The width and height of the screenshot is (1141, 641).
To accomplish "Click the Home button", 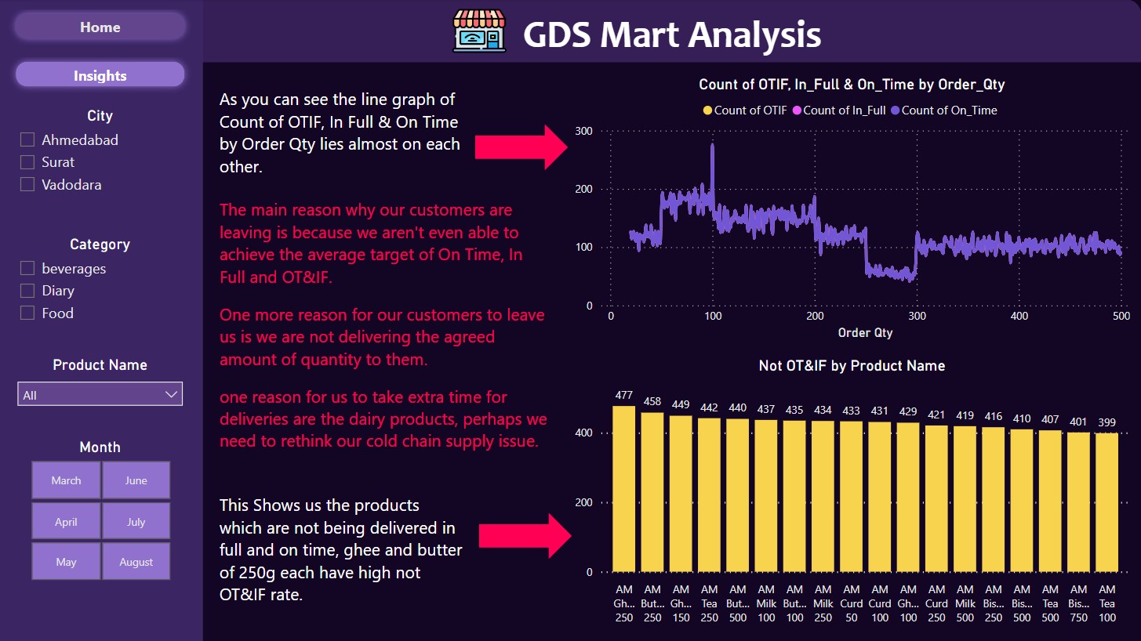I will tap(100, 27).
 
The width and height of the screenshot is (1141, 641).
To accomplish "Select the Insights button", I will tap(100, 75).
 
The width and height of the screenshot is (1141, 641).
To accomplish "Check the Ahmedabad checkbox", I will tap(27, 139).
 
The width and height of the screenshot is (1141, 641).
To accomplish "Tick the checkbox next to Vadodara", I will tap(27, 184).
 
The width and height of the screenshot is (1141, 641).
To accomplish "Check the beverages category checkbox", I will tap(27, 268).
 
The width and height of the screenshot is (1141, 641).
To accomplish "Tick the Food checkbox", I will tap(27, 313).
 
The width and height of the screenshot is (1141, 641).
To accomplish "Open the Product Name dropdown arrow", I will tap(171, 394).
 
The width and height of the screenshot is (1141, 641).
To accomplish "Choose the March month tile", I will tap(66, 480).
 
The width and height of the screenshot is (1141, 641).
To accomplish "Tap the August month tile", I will tap(136, 561).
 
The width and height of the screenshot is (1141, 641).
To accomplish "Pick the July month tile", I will tap(136, 521).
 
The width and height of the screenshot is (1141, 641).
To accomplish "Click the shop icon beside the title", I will tap(479, 31).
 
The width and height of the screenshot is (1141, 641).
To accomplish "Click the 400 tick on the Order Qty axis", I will tap(1019, 316).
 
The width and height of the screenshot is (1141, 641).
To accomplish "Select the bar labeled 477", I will tap(623, 487).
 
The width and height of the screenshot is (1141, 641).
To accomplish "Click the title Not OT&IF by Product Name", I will tap(852, 366).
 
